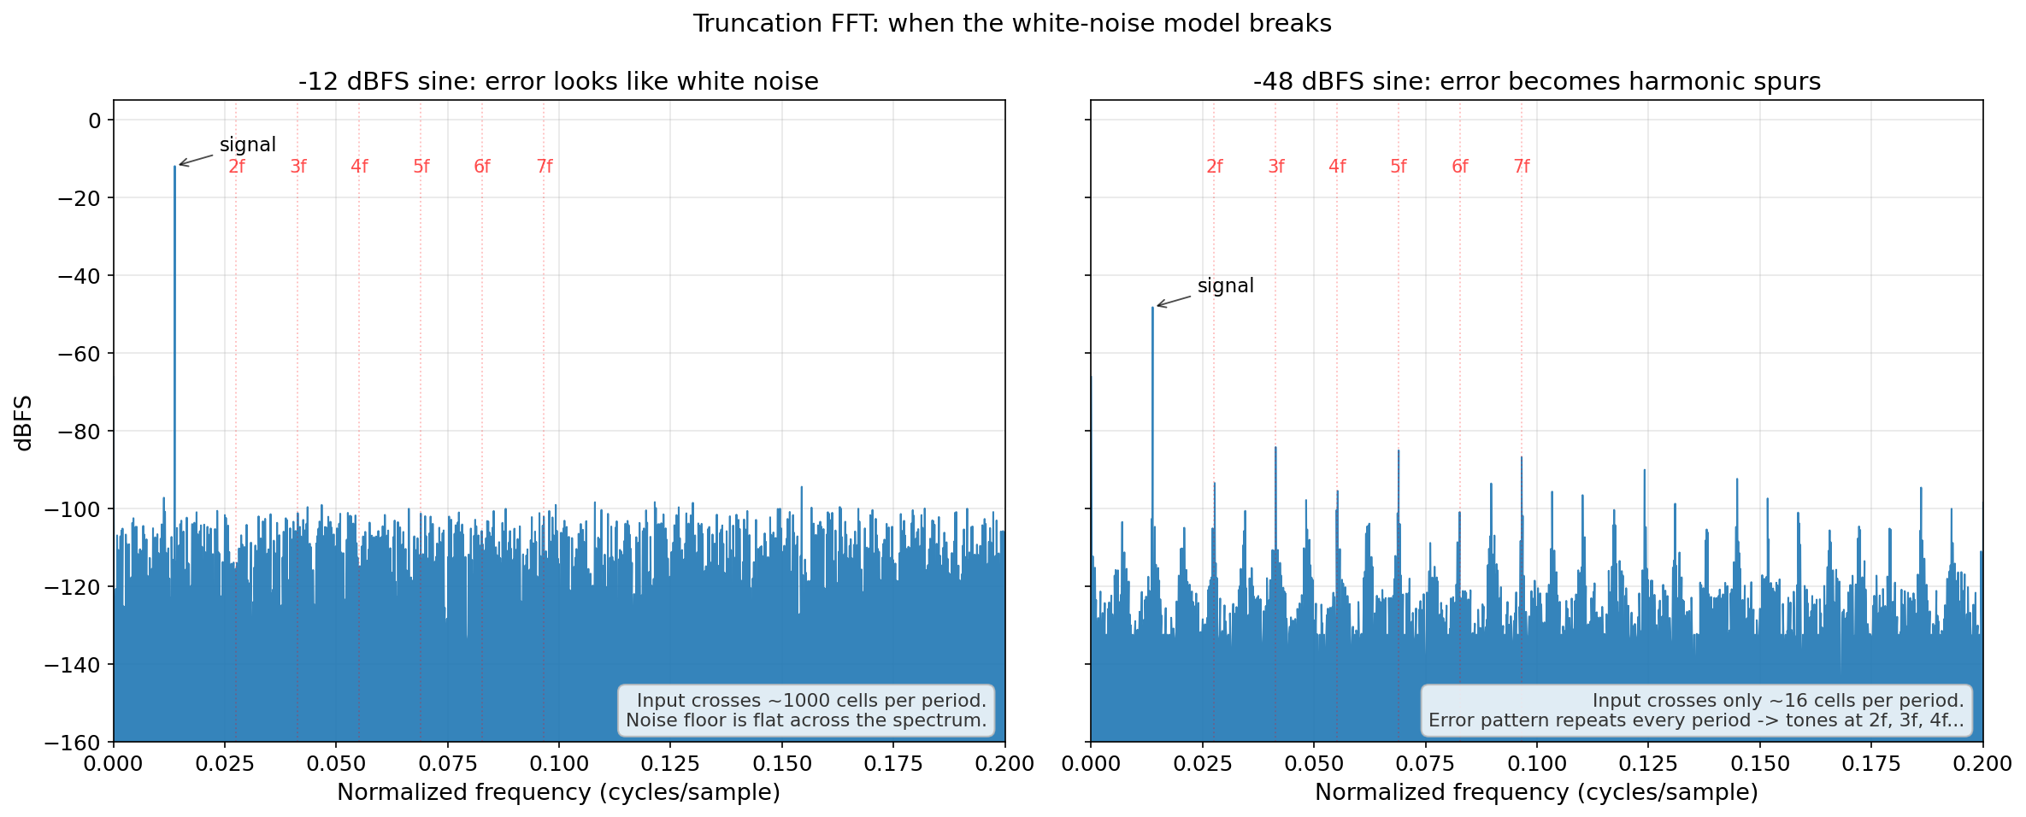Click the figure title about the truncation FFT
click(x=1012, y=23)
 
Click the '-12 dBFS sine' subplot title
click(x=558, y=81)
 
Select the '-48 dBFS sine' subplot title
click(x=1537, y=81)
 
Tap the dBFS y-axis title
click(x=24, y=422)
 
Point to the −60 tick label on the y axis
click(x=78, y=354)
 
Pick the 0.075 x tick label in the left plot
click(x=447, y=763)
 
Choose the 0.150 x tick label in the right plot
click(x=1759, y=763)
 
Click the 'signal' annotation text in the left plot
click(x=248, y=144)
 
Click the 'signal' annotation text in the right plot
click(x=1226, y=285)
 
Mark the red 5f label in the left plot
click(x=421, y=167)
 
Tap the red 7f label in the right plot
click(x=1522, y=167)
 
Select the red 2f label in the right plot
click(x=1215, y=167)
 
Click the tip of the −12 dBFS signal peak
click(x=174, y=166)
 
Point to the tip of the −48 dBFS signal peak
click(x=1152, y=307)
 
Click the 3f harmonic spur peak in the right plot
click(x=1275, y=447)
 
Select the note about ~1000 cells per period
click(x=806, y=710)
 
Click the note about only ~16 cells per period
click(x=1697, y=710)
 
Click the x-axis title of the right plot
click(x=1536, y=792)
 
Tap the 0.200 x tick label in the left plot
click(x=1005, y=763)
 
